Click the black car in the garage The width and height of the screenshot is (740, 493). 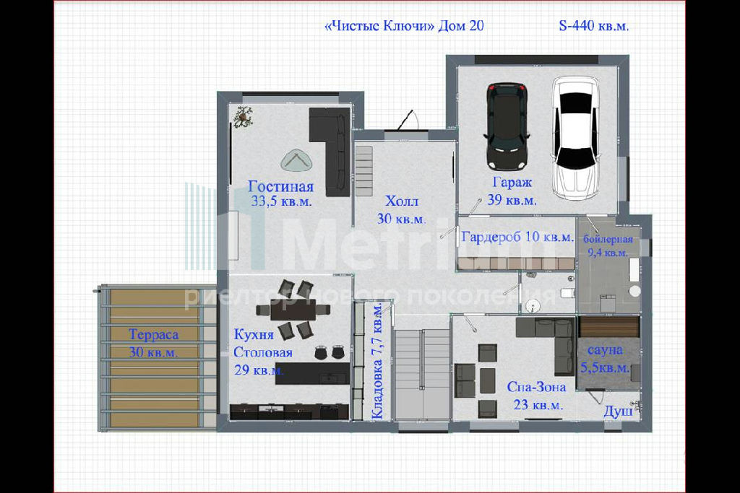click(x=507, y=126)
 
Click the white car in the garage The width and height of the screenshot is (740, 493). click(x=576, y=138)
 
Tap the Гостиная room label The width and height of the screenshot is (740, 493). click(x=281, y=187)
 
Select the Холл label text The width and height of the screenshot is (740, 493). click(x=402, y=201)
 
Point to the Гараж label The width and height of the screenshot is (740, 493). click(x=512, y=183)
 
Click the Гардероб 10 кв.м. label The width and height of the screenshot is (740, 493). click(x=517, y=237)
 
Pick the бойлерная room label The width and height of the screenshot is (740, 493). click(x=608, y=239)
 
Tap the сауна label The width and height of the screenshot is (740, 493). click(x=605, y=350)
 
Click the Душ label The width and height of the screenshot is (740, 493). click(x=618, y=412)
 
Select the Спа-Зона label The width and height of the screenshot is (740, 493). click(x=537, y=387)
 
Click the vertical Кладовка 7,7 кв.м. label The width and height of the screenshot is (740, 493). click(x=377, y=361)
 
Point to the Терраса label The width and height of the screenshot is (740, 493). click(x=154, y=335)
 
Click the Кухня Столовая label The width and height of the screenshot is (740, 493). click(x=263, y=344)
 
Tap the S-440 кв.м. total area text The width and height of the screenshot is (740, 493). click(x=594, y=25)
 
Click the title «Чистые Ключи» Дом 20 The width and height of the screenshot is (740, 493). click(x=405, y=25)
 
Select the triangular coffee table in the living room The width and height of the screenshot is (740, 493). click(x=296, y=161)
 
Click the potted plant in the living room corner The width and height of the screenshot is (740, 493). click(x=243, y=116)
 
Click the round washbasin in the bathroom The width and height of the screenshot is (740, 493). click(x=533, y=306)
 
